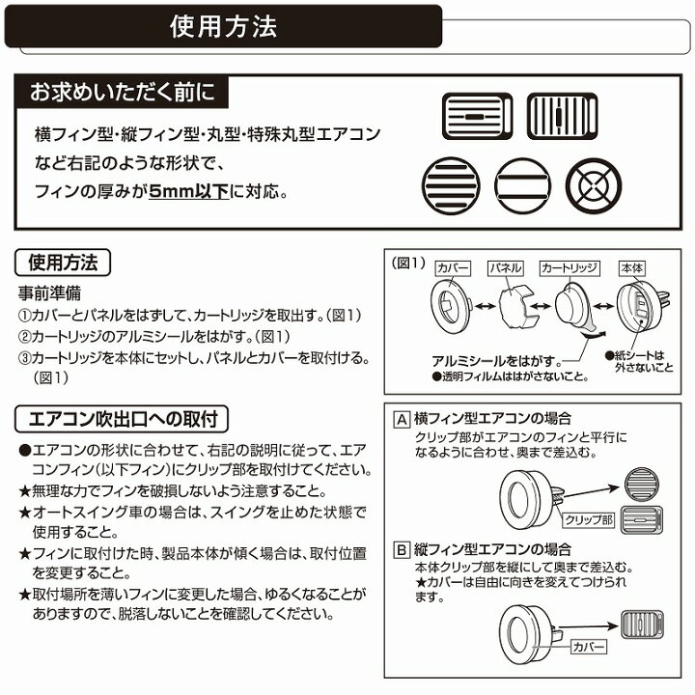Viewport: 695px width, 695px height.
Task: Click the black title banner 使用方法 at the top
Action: [x=223, y=25]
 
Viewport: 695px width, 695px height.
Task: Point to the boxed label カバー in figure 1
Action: [x=453, y=265]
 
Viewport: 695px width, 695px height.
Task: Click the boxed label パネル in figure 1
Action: [x=505, y=265]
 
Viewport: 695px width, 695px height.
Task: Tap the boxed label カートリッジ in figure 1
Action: [x=570, y=265]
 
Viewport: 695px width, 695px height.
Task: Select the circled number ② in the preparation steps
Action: [x=26, y=335]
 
